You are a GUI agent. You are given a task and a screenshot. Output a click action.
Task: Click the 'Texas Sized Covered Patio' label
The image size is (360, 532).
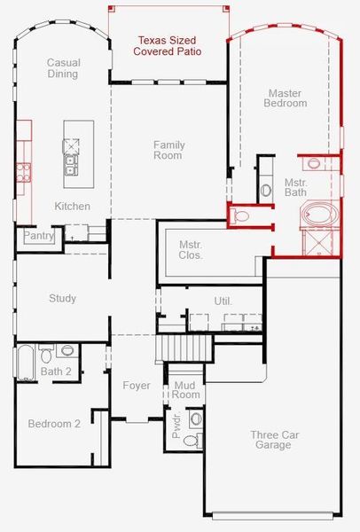167,46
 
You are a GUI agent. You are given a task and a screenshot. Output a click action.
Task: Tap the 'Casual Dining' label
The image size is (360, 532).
64,67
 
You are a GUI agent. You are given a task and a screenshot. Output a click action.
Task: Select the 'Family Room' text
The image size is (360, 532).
168,150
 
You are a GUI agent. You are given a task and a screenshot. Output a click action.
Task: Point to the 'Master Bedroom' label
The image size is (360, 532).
286,98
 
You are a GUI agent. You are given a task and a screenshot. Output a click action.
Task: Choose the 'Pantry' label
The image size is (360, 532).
38,236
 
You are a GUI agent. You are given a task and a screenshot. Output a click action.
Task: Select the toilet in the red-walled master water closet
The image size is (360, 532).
241,215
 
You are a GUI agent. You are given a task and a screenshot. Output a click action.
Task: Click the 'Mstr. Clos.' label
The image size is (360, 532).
191,249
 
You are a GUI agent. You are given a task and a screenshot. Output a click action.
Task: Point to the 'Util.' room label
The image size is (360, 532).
223,301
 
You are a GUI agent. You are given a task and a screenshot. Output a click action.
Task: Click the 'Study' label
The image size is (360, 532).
62,299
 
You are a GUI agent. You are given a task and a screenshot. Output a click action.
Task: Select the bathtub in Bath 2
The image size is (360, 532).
25,362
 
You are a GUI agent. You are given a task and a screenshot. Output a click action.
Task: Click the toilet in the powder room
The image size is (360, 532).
196,419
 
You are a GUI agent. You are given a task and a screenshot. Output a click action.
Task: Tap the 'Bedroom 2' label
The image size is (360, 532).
53,424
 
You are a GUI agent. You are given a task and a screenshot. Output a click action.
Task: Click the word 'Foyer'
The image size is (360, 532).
137,386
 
